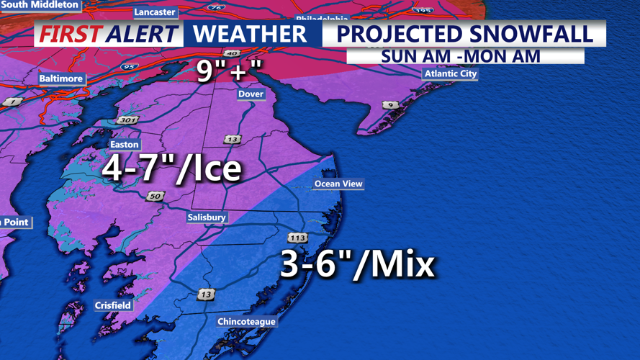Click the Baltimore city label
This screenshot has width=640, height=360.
click(61, 78)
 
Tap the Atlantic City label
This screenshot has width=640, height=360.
click(451, 73)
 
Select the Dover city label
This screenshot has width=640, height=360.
click(251, 94)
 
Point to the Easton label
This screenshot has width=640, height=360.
click(124, 144)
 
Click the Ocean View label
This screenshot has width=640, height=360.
click(338, 184)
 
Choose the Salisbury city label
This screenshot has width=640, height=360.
click(207, 217)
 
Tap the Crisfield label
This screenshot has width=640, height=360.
click(113, 305)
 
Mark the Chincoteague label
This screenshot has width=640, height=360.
click(246, 321)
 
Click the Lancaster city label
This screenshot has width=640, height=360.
click(155, 12)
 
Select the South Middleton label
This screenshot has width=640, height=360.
click(40, 5)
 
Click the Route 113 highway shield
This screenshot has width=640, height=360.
click(298, 237)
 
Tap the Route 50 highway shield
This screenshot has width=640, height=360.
click(156, 196)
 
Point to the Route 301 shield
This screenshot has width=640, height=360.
click(127, 120)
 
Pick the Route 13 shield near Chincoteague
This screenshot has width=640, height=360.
click(207, 294)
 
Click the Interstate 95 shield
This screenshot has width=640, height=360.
click(129, 67)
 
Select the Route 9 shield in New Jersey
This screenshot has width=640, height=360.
click(390, 105)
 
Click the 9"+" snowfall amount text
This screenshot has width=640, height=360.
click(229, 71)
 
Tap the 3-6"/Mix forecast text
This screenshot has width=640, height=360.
click(358, 264)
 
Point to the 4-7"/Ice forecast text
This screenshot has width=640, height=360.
click(171, 168)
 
